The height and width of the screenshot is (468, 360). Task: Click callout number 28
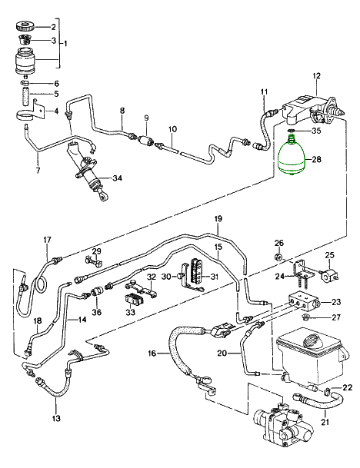[316, 159]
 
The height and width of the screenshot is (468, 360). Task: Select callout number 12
[316, 76]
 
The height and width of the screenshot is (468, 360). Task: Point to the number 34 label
[117, 178]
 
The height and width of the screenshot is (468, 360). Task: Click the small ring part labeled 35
[292, 131]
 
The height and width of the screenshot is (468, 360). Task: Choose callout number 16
[152, 353]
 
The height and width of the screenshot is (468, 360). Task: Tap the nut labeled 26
[278, 257]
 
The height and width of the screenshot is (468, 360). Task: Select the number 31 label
[214, 277]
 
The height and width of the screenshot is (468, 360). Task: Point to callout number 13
[56, 418]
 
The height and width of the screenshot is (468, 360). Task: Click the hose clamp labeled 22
[328, 390]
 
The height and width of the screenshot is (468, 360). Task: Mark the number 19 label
[218, 219]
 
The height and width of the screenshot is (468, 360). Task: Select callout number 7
[38, 170]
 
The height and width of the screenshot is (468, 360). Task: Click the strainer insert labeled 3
[25, 39]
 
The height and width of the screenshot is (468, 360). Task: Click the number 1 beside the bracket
[65, 44]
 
